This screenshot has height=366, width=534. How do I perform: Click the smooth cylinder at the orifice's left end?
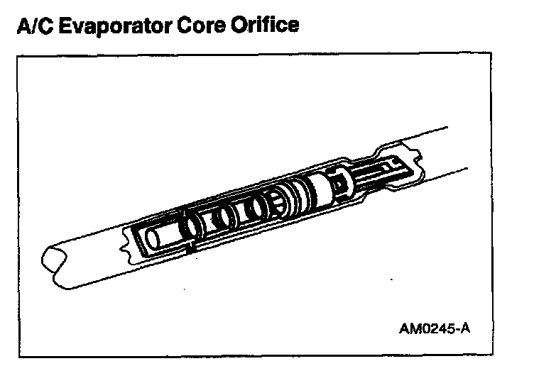(x=157, y=235)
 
